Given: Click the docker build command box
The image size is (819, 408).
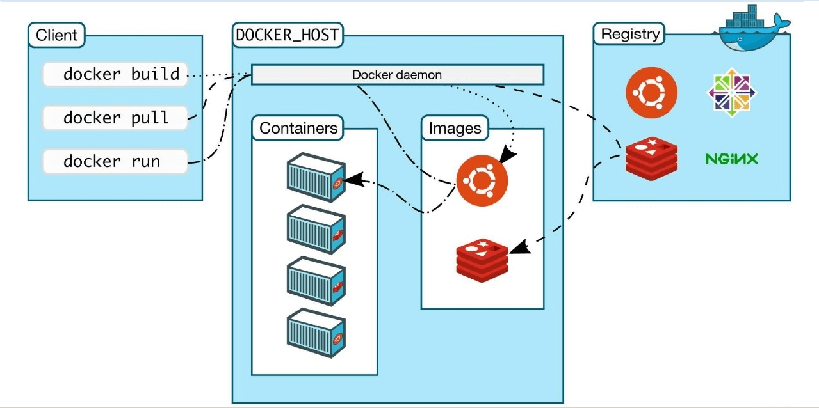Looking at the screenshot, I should (115, 74).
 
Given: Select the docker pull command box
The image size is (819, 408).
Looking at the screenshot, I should (115, 118).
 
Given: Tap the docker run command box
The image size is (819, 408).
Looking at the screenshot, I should (115, 161).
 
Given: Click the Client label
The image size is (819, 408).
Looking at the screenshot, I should (57, 35).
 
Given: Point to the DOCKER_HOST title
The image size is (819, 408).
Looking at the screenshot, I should (287, 35).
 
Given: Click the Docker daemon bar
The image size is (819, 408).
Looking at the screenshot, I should (397, 74).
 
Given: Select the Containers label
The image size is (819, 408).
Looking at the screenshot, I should (298, 128).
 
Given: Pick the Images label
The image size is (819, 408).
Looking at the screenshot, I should (455, 128).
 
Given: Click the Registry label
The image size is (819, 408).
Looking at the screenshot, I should (630, 34).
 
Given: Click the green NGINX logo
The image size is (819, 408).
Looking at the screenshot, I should (731, 159).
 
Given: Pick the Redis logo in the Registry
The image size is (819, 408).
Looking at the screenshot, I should (652, 157).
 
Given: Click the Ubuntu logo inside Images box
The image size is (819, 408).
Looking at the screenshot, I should (482, 181).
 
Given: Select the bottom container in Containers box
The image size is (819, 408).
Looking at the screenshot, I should (315, 331).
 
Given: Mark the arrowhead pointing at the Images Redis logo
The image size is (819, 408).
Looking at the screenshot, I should (520, 246).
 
